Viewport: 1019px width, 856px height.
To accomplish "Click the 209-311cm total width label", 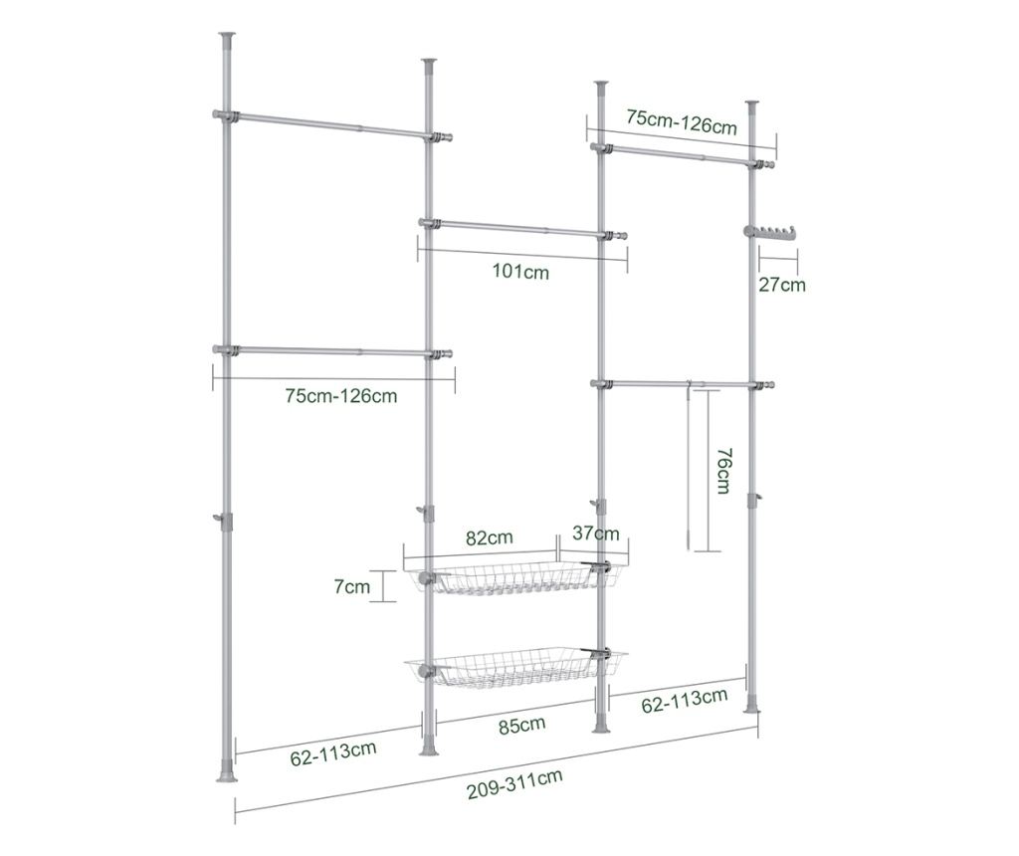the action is (514, 784).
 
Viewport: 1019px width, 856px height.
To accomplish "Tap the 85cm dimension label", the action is (521, 725).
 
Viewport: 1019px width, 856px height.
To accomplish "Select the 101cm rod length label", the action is (520, 271).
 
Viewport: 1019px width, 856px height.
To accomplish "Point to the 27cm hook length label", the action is (782, 285).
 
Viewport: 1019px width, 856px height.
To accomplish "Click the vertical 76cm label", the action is (724, 471).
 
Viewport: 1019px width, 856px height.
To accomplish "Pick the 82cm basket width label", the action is (490, 538).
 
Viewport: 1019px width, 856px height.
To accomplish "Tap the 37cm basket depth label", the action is (596, 534).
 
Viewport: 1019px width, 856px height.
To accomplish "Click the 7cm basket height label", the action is (351, 586).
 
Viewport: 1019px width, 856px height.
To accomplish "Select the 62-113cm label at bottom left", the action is (333, 753).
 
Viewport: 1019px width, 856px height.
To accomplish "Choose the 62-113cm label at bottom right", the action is (685, 701).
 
